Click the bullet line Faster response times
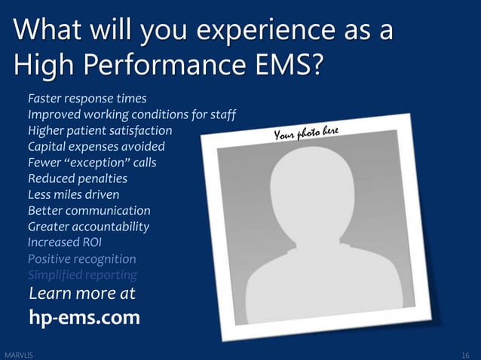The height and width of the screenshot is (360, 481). [x=87, y=98]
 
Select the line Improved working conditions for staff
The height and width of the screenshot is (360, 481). [x=132, y=114]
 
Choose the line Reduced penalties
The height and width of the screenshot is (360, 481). [x=77, y=178]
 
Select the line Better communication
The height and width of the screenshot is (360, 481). [x=89, y=211]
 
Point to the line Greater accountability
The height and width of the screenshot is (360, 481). [x=88, y=227]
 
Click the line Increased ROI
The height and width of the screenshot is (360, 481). [x=64, y=243]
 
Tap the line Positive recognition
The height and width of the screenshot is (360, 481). [x=81, y=259]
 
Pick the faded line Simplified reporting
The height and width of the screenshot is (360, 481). [x=82, y=275]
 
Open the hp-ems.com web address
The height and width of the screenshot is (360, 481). [x=84, y=318]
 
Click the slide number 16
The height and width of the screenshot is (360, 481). [x=465, y=354]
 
